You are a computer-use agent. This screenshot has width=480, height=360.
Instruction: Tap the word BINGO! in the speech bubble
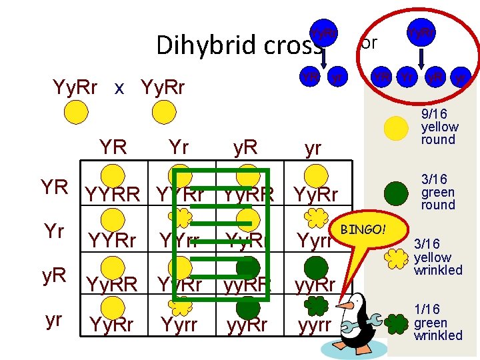362,230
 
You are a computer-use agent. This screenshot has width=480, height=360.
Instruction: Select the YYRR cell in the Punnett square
113,195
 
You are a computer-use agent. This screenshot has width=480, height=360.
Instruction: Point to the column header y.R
246,148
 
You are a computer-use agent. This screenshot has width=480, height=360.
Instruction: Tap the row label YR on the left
56,188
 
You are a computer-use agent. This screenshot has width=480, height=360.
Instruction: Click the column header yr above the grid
313,148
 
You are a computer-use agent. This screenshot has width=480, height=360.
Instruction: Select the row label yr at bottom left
54,320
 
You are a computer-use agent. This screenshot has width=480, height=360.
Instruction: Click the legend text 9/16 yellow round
439,127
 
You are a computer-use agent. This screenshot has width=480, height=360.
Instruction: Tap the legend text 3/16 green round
438,192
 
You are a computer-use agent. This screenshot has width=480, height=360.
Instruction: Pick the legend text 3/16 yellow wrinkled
438,257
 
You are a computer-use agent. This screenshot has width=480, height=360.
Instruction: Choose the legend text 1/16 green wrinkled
438,322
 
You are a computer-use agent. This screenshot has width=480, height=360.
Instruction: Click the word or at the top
369,43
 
